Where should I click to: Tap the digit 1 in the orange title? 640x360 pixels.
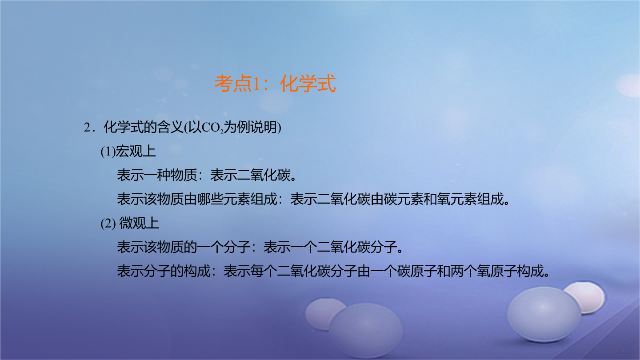click(x=256, y=84)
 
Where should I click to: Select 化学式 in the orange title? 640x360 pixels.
click(x=308, y=84)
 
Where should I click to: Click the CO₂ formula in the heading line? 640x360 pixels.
click(x=212, y=128)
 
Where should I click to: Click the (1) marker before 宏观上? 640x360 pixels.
click(x=108, y=152)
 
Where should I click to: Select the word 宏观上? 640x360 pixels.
click(x=136, y=151)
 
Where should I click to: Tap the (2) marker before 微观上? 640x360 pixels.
click(x=108, y=224)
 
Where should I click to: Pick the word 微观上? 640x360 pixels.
click(x=139, y=223)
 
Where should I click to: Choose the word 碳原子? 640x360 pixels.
click(x=417, y=271)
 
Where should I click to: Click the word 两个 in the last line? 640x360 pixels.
click(x=464, y=271)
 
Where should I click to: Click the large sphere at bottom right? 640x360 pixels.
click(x=544, y=315)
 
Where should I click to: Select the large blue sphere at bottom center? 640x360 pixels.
click(x=366, y=329)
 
